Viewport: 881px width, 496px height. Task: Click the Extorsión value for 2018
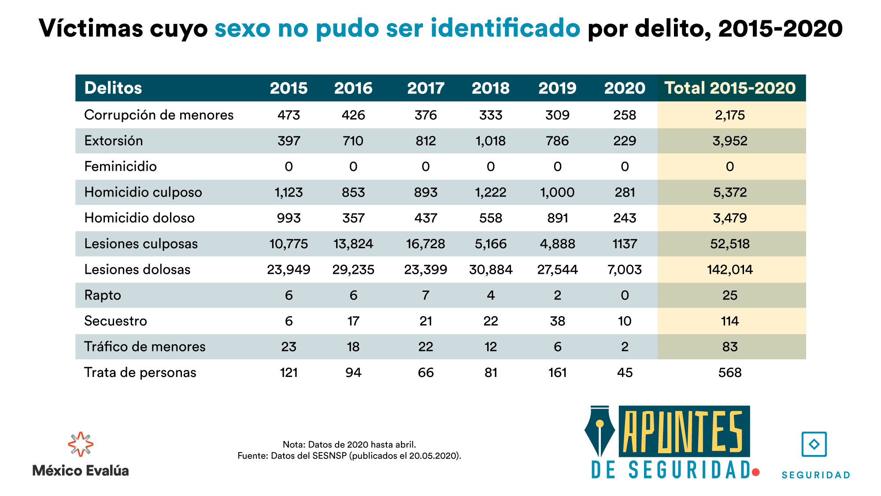(x=490, y=141)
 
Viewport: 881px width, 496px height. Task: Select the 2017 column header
(x=426, y=88)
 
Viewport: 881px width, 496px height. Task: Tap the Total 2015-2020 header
(x=730, y=88)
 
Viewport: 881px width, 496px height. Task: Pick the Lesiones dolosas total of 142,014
(x=730, y=269)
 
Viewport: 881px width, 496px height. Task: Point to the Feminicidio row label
(x=120, y=167)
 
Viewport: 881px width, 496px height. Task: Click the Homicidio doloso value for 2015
(x=289, y=218)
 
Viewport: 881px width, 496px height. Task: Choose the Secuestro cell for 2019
(x=557, y=321)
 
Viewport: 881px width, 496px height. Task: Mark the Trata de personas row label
(x=140, y=373)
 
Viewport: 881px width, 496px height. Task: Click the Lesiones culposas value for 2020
(x=625, y=244)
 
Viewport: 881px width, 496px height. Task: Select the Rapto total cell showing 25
(x=730, y=295)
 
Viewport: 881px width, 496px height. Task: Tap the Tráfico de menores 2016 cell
(x=353, y=347)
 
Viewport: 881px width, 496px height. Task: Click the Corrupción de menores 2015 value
(x=289, y=115)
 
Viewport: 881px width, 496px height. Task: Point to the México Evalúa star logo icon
(x=81, y=444)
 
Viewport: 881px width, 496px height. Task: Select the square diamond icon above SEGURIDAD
(x=814, y=444)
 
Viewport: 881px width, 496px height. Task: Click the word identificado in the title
(x=505, y=28)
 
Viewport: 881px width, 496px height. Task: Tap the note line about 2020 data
(x=349, y=444)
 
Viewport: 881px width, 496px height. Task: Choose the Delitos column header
(x=113, y=88)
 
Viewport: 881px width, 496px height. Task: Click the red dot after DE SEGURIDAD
(x=756, y=472)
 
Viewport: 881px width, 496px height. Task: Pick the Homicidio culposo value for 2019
(x=557, y=193)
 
